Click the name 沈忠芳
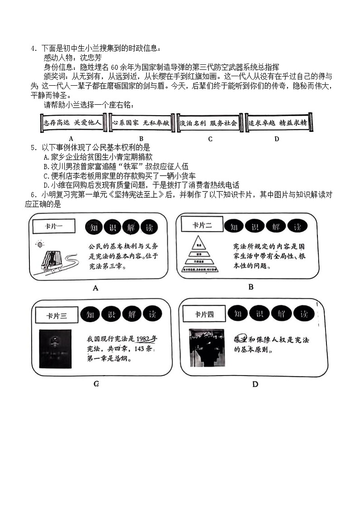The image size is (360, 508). [x=91, y=58]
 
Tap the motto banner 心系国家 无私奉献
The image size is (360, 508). [x=141, y=123]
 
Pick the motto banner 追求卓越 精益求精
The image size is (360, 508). [x=279, y=123]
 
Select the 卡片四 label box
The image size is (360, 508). [x=204, y=314]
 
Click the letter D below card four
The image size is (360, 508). [x=255, y=385]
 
